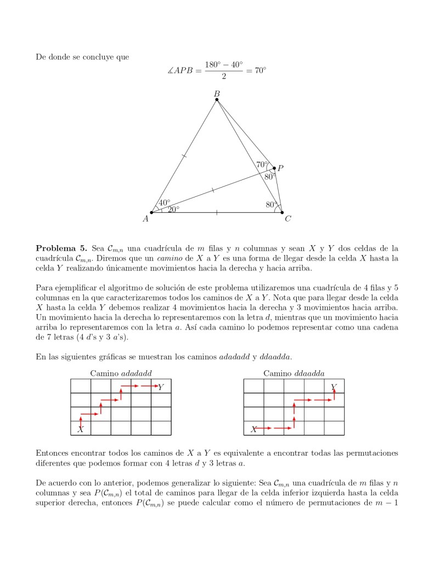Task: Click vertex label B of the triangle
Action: click(x=217, y=94)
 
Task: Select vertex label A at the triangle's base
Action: click(x=145, y=219)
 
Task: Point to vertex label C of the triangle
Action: click(x=288, y=219)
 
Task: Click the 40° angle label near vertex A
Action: click(x=164, y=203)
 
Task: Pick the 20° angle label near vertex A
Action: click(x=173, y=209)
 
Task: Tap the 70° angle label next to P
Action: click(x=262, y=164)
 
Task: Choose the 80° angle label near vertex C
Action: click(x=270, y=205)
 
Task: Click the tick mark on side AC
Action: click(x=217, y=212)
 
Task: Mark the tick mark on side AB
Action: click(x=184, y=157)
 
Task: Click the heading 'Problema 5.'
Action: click(x=61, y=248)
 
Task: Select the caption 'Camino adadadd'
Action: click(x=121, y=373)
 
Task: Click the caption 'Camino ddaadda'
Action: click(x=294, y=373)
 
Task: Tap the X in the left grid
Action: click(x=81, y=429)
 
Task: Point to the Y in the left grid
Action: click(x=160, y=387)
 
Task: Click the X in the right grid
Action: click(x=253, y=429)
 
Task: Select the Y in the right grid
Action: click(x=334, y=387)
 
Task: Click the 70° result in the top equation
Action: click(x=259, y=71)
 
